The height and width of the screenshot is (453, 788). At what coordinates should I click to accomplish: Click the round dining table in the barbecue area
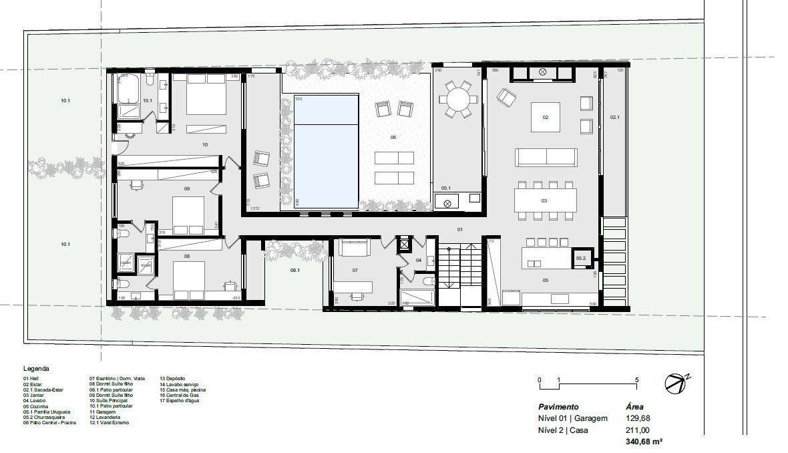click(458, 100)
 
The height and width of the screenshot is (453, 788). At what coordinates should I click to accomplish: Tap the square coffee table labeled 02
click(546, 117)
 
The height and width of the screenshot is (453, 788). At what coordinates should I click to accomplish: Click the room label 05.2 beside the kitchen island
click(580, 259)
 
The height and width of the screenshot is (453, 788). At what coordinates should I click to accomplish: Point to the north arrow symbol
click(676, 382)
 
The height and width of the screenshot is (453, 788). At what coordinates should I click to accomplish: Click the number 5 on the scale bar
click(636, 380)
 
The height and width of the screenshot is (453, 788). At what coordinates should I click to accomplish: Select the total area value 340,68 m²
click(644, 442)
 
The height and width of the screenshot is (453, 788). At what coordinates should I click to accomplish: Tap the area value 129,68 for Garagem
click(637, 418)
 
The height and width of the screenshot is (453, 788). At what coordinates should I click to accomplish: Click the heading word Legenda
click(36, 368)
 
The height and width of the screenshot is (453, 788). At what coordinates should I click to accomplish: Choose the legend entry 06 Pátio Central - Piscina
click(49, 423)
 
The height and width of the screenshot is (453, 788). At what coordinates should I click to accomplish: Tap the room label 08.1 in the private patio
click(294, 271)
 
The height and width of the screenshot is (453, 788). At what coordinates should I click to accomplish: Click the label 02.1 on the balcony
click(614, 118)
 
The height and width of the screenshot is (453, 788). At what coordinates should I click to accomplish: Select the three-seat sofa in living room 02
click(546, 157)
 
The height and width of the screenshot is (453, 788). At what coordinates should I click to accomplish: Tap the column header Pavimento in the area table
click(558, 406)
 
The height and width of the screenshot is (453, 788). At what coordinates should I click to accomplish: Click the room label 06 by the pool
click(393, 137)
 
